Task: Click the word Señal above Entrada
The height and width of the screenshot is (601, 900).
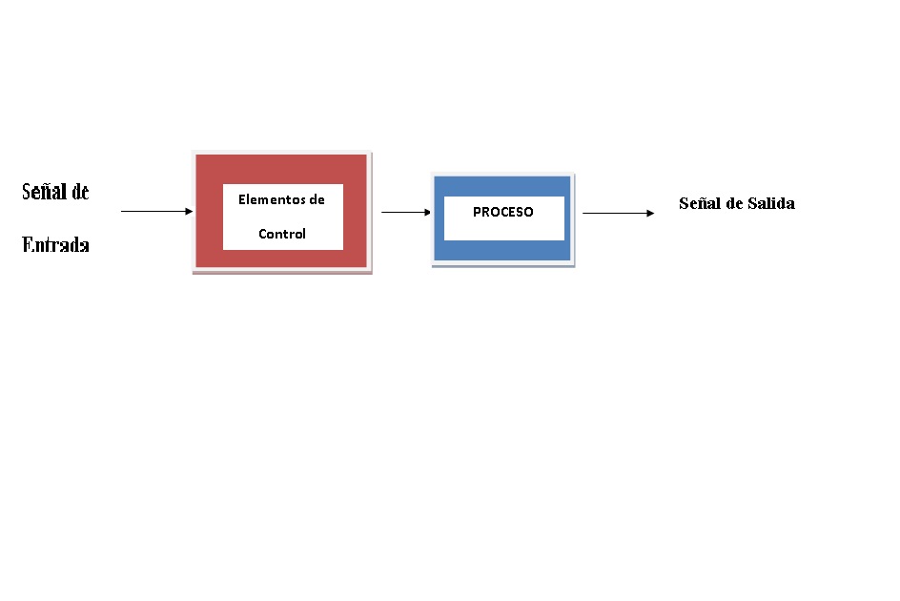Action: pos(44,192)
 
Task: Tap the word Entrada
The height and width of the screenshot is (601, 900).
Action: pos(56,245)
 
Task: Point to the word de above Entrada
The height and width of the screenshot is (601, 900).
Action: pos(79,192)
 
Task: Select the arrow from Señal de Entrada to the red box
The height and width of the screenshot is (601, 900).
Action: pos(153,211)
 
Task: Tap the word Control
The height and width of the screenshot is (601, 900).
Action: pos(282,234)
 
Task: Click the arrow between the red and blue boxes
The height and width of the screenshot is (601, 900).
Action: pos(404,213)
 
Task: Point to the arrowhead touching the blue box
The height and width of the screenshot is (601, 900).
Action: pos(427,213)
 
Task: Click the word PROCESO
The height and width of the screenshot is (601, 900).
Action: pos(503,212)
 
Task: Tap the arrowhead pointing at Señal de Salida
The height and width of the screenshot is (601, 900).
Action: pos(650,213)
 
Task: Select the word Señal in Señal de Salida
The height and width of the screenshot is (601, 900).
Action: pos(699,203)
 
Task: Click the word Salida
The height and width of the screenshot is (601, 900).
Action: pos(771,203)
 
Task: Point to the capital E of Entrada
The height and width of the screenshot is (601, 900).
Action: pos(28,245)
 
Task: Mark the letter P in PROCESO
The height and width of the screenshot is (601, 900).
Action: pos(477,212)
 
